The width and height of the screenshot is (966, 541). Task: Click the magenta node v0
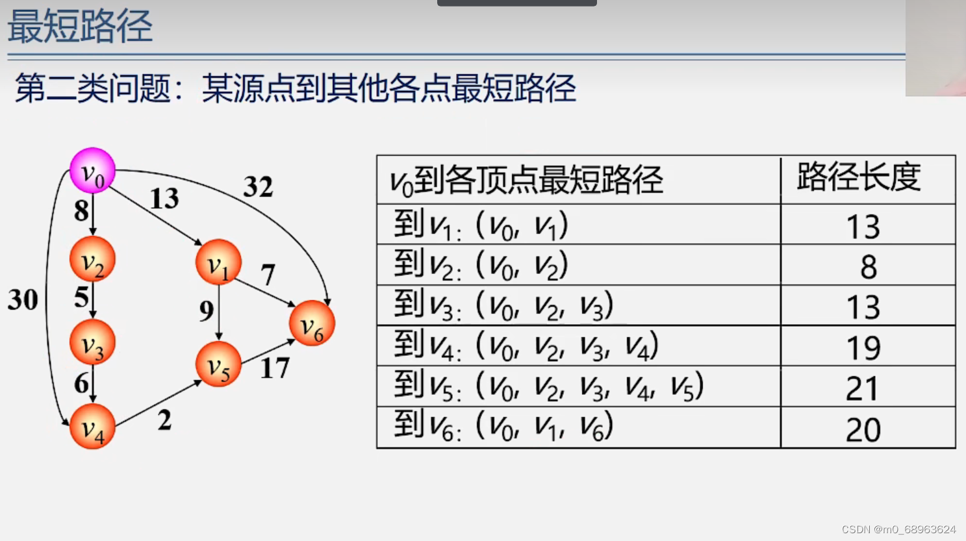(x=93, y=171)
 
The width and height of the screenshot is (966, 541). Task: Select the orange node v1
(x=218, y=262)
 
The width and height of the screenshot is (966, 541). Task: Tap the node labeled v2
(x=93, y=260)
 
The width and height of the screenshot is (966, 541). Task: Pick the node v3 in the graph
(x=93, y=342)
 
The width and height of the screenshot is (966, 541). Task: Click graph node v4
(x=93, y=426)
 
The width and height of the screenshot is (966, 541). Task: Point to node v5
(x=218, y=364)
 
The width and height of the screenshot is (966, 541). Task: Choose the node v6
(x=312, y=323)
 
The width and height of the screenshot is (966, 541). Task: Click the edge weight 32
(x=258, y=187)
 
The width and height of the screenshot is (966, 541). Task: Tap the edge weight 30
(x=23, y=299)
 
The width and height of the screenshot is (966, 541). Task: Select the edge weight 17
(x=274, y=368)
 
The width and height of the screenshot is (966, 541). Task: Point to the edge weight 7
(x=268, y=275)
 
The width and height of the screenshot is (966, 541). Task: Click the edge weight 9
(x=207, y=311)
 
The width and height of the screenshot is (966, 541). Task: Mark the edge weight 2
(x=164, y=420)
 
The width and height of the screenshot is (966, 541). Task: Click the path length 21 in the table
(x=863, y=388)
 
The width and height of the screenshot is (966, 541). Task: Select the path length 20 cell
(x=863, y=429)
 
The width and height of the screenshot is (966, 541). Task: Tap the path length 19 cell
(x=863, y=348)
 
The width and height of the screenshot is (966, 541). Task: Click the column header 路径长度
(x=859, y=177)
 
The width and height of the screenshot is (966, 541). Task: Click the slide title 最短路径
(x=80, y=27)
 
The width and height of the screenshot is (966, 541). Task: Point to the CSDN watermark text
(x=898, y=529)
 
